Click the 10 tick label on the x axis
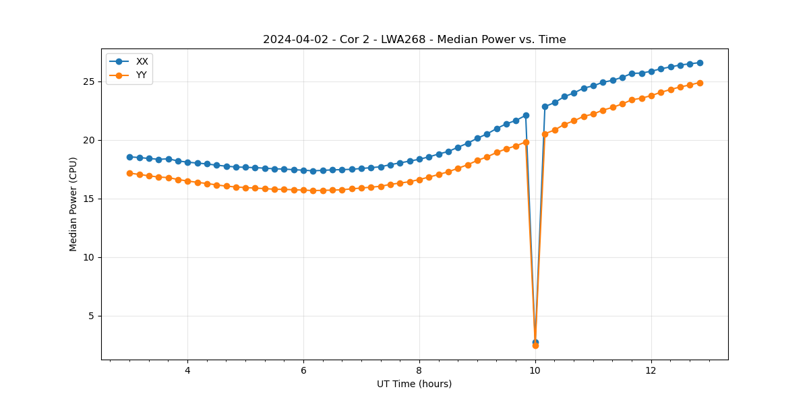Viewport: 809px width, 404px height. click(535, 370)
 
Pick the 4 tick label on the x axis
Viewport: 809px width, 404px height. click(187, 370)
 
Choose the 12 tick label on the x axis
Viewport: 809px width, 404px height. click(651, 370)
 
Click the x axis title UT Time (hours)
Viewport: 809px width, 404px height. click(414, 384)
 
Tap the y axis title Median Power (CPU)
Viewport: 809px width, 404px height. click(73, 204)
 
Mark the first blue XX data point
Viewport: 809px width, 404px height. click(129, 157)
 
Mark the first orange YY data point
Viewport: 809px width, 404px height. click(129, 173)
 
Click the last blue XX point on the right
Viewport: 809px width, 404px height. click(700, 63)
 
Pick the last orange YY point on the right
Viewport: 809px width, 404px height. click(700, 83)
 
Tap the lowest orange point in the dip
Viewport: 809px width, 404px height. click(535, 345)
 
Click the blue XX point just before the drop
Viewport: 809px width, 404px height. click(526, 115)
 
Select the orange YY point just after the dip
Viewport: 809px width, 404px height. click(545, 134)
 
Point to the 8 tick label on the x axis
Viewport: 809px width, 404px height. click(419, 370)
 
